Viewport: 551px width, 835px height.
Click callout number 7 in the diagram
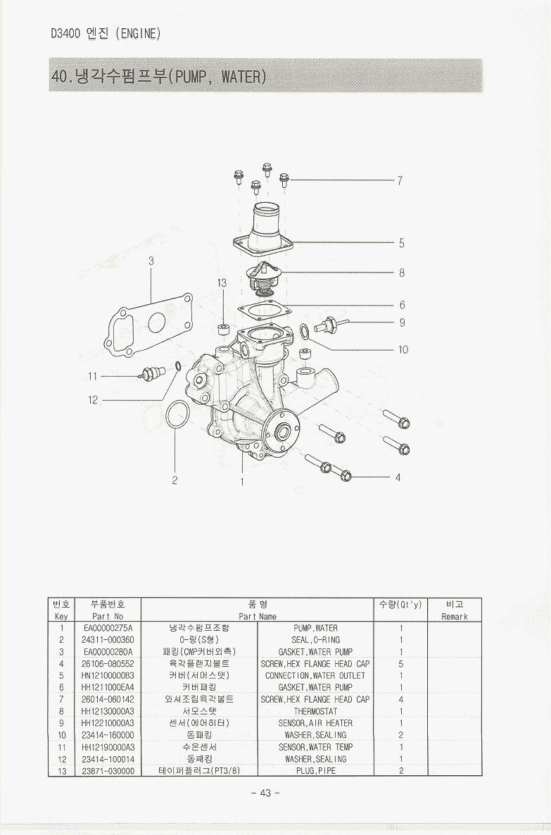coord(400,181)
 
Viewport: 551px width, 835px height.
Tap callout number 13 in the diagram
coord(222,283)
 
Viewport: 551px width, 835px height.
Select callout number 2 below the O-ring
coord(175,482)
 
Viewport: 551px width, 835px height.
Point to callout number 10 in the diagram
coord(403,349)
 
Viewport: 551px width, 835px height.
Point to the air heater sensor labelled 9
coord(331,326)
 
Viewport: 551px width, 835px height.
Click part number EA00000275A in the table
coord(108,628)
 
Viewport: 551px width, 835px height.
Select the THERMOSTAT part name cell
coord(315,711)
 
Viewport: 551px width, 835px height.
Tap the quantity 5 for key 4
coord(400,664)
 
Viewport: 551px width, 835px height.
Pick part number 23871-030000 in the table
coord(108,770)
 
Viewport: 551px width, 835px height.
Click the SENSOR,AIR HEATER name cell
coord(315,723)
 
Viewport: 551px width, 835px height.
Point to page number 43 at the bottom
coord(265,793)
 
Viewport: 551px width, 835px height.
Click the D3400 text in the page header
coord(65,33)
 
